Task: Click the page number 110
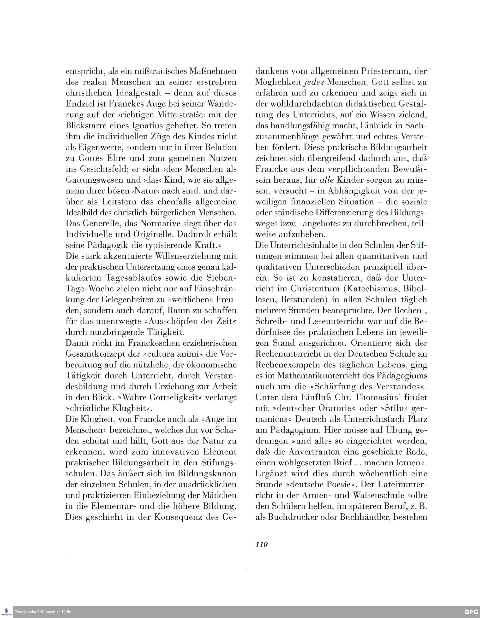261,544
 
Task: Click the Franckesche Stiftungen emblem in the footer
6,612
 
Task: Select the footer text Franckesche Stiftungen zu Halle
42,612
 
